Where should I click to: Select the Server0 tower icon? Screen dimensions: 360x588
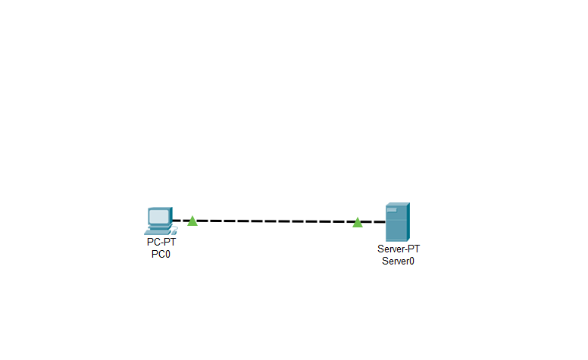click(x=397, y=222)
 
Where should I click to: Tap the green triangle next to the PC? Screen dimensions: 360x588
click(x=192, y=221)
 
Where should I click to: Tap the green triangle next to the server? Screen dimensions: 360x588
click(x=358, y=222)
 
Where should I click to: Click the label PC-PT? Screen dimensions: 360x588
click(x=161, y=243)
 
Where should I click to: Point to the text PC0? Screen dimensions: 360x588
click(x=161, y=254)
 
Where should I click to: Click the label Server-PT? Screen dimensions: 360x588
click(x=399, y=249)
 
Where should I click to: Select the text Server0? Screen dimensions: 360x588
click(x=399, y=261)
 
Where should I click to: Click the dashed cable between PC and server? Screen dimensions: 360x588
click(x=275, y=221)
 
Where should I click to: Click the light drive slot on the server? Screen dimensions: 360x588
click(x=392, y=210)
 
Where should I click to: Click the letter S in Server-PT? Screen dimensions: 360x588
click(x=380, y=249)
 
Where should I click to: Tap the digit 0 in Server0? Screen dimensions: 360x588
click(x=411, y=261)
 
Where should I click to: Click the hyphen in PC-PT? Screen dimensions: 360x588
click(x=161, y=243)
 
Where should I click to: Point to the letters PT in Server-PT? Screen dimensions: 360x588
click(x=413, y=249)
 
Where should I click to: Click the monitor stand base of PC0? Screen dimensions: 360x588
click(x=158, y=227)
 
